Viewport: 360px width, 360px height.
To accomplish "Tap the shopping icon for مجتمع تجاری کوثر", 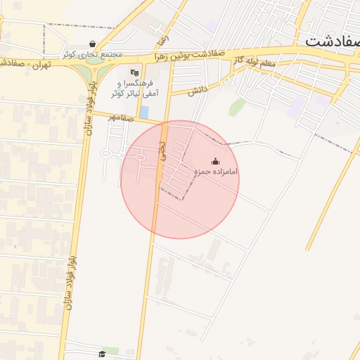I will [x=93, y=44].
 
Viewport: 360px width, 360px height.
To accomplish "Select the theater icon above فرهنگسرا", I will [x=134, y=72].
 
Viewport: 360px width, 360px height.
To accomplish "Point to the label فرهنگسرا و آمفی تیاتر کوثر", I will [x=134, y=88].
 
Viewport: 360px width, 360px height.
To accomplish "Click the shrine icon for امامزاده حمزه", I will [x=215, y=161].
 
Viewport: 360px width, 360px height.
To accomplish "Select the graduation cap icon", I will [x=102, y=353].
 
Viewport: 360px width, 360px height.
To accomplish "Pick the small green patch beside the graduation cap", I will [x=112, y=350].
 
